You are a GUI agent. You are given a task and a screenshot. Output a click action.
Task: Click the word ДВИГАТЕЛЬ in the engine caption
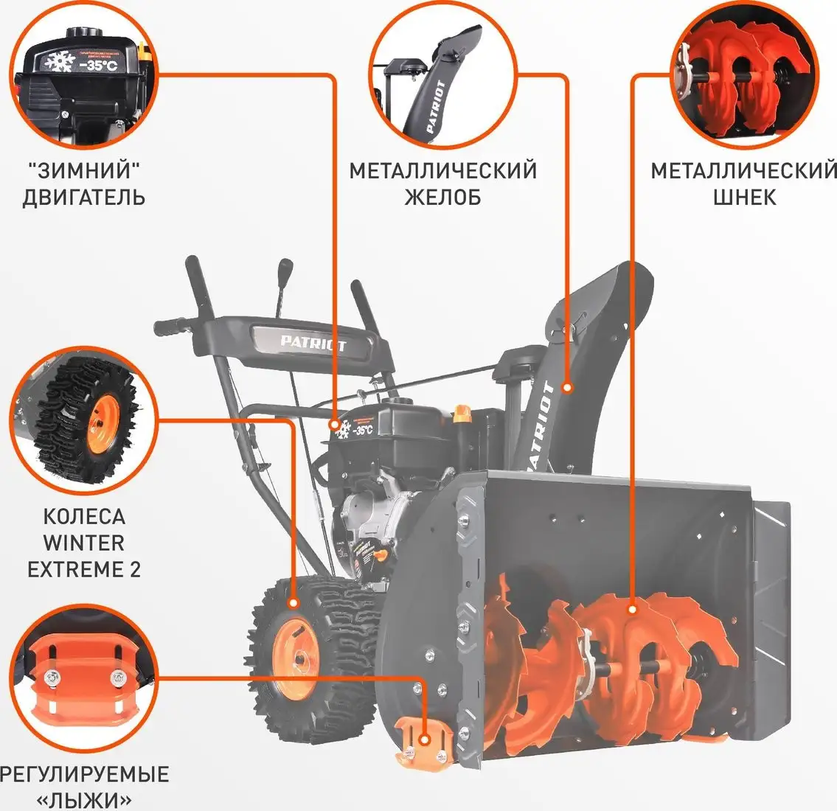(83, 198)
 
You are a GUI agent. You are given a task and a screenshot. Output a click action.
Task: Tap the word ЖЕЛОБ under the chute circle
(442, 198)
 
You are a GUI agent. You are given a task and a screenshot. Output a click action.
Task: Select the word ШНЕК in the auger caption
(744, 198)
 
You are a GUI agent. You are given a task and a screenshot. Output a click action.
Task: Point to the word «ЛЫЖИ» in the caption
(83, 800)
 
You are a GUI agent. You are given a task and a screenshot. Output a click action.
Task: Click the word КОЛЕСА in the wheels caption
(83, 516)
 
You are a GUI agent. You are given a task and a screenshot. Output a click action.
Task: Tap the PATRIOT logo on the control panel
(313, 342)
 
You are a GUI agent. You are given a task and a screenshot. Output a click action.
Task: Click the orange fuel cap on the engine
(462, 413)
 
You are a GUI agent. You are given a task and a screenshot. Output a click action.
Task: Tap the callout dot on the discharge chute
(567, 386)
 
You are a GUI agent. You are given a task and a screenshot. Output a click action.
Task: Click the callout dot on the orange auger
(632, 609)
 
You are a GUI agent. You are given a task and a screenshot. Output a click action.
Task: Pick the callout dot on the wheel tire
(294, 603)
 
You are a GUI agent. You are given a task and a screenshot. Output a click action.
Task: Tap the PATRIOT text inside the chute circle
(436, 107)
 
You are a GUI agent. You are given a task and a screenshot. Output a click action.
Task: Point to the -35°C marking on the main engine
(363, 429)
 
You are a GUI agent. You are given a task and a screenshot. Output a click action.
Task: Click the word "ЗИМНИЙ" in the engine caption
(83, 171)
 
